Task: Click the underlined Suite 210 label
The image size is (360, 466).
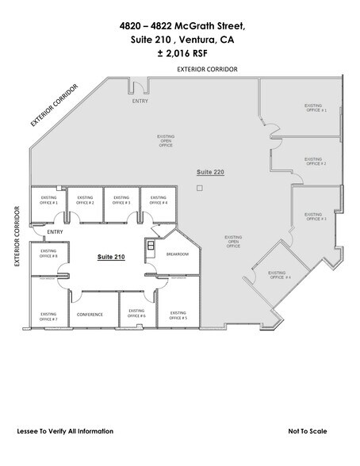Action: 111,258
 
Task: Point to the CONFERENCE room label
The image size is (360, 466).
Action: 90,315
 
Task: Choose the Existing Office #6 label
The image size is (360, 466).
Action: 136,314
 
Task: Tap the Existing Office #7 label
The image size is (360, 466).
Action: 48,314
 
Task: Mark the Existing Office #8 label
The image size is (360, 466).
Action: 48,254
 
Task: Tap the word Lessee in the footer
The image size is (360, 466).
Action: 29,431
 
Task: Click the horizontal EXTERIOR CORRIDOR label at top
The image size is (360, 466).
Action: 209,70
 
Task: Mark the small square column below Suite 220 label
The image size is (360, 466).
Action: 201,187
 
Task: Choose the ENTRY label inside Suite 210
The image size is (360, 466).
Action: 55,232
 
